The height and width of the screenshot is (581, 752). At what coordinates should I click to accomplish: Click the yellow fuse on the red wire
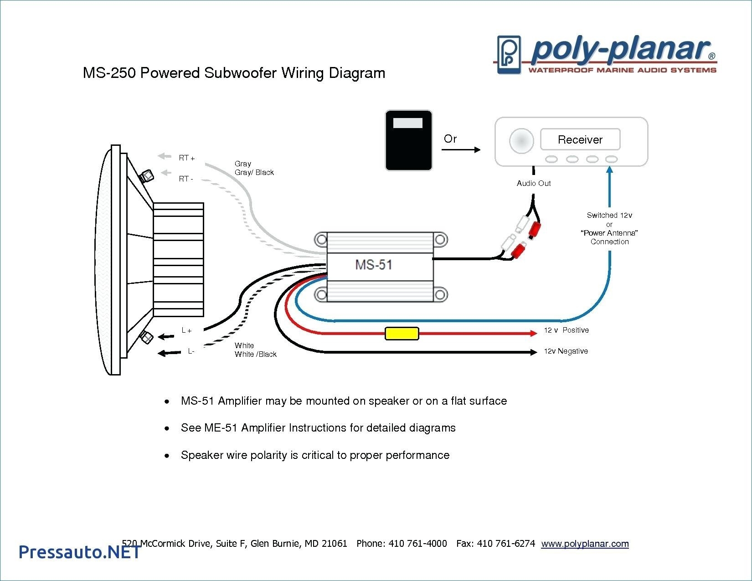[x=402, y=334]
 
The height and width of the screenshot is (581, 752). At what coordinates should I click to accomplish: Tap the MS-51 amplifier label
[x=373, y=265]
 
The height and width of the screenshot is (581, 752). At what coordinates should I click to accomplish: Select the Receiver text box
[x=580, y=139]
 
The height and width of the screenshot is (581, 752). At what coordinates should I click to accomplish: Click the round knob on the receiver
[x=521, y=140]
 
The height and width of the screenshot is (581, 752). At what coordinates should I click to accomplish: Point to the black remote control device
[x=408, y=140]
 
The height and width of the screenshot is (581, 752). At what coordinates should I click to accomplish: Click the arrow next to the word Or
[x=462, y=149]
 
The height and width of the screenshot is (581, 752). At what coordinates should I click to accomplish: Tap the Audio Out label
[x=533, y=183]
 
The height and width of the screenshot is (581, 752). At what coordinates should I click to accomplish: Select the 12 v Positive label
[x=566, y=330]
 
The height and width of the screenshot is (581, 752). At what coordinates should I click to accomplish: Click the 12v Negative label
[x=566, y=351]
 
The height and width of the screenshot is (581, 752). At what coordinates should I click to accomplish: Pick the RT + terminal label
[x=186, y=158]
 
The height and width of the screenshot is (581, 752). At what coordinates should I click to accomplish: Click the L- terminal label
[x=191, y=351]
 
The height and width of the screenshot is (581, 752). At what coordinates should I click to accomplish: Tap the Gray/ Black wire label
[x=254, y=172]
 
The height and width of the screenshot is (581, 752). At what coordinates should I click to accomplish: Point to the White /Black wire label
[x=255, y=354]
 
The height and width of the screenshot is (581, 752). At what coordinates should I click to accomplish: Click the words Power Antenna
[x=609, y=233]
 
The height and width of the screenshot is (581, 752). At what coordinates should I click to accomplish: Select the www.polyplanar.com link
[x=585, y=544]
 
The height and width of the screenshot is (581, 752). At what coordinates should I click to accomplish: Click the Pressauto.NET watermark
[x=79, y=552]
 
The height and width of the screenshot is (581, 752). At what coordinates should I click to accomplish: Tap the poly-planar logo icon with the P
[x=509, y=54]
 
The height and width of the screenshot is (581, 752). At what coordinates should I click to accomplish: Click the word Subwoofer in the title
[x=240, y=73]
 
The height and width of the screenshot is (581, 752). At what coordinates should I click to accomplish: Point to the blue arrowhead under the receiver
[x=609, y=170]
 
